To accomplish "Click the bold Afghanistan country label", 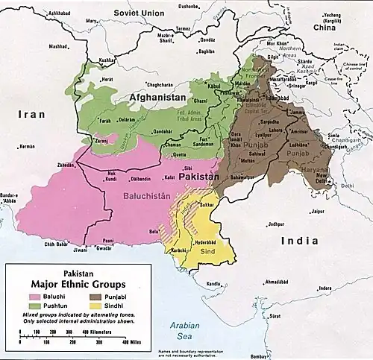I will point(157,98).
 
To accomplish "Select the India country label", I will point(300,241).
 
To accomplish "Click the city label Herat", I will point(108,79).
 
